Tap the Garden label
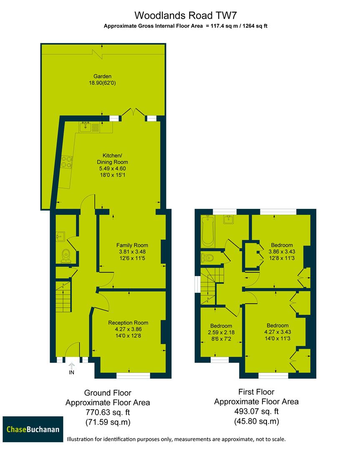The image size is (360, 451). [x=102, y=76]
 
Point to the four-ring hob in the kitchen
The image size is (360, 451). [x=66, y=161]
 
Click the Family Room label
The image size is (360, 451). [x=132, y=245]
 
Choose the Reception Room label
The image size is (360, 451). [x=128, y=323]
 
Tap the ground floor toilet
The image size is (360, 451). [x=65, y=256]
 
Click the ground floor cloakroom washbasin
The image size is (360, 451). [x=59, y=237]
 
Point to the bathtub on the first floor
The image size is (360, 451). [x=207, y=231]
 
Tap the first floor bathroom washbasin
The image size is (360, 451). [x=228, y=219]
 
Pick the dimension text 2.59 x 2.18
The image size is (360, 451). [x=221, y=332]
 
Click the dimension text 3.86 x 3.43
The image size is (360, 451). [x=282, y=252]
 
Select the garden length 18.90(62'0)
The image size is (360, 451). [x=102, y=83]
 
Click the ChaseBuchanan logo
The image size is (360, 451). [x=33, y=429]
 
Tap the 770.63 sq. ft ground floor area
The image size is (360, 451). [x=108, y=413]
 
